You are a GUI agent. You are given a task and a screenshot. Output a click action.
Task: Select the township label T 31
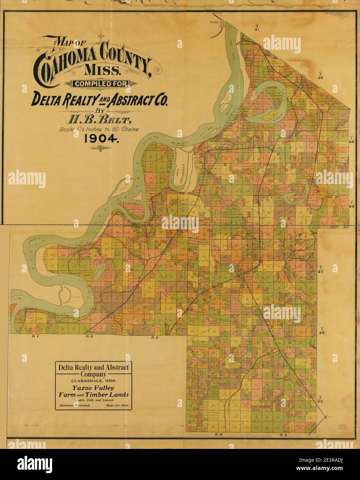pyautogui.click(x=256, y=28)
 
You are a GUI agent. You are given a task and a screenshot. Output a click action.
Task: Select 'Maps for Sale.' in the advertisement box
pyautogui.click(x=119, y=406)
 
